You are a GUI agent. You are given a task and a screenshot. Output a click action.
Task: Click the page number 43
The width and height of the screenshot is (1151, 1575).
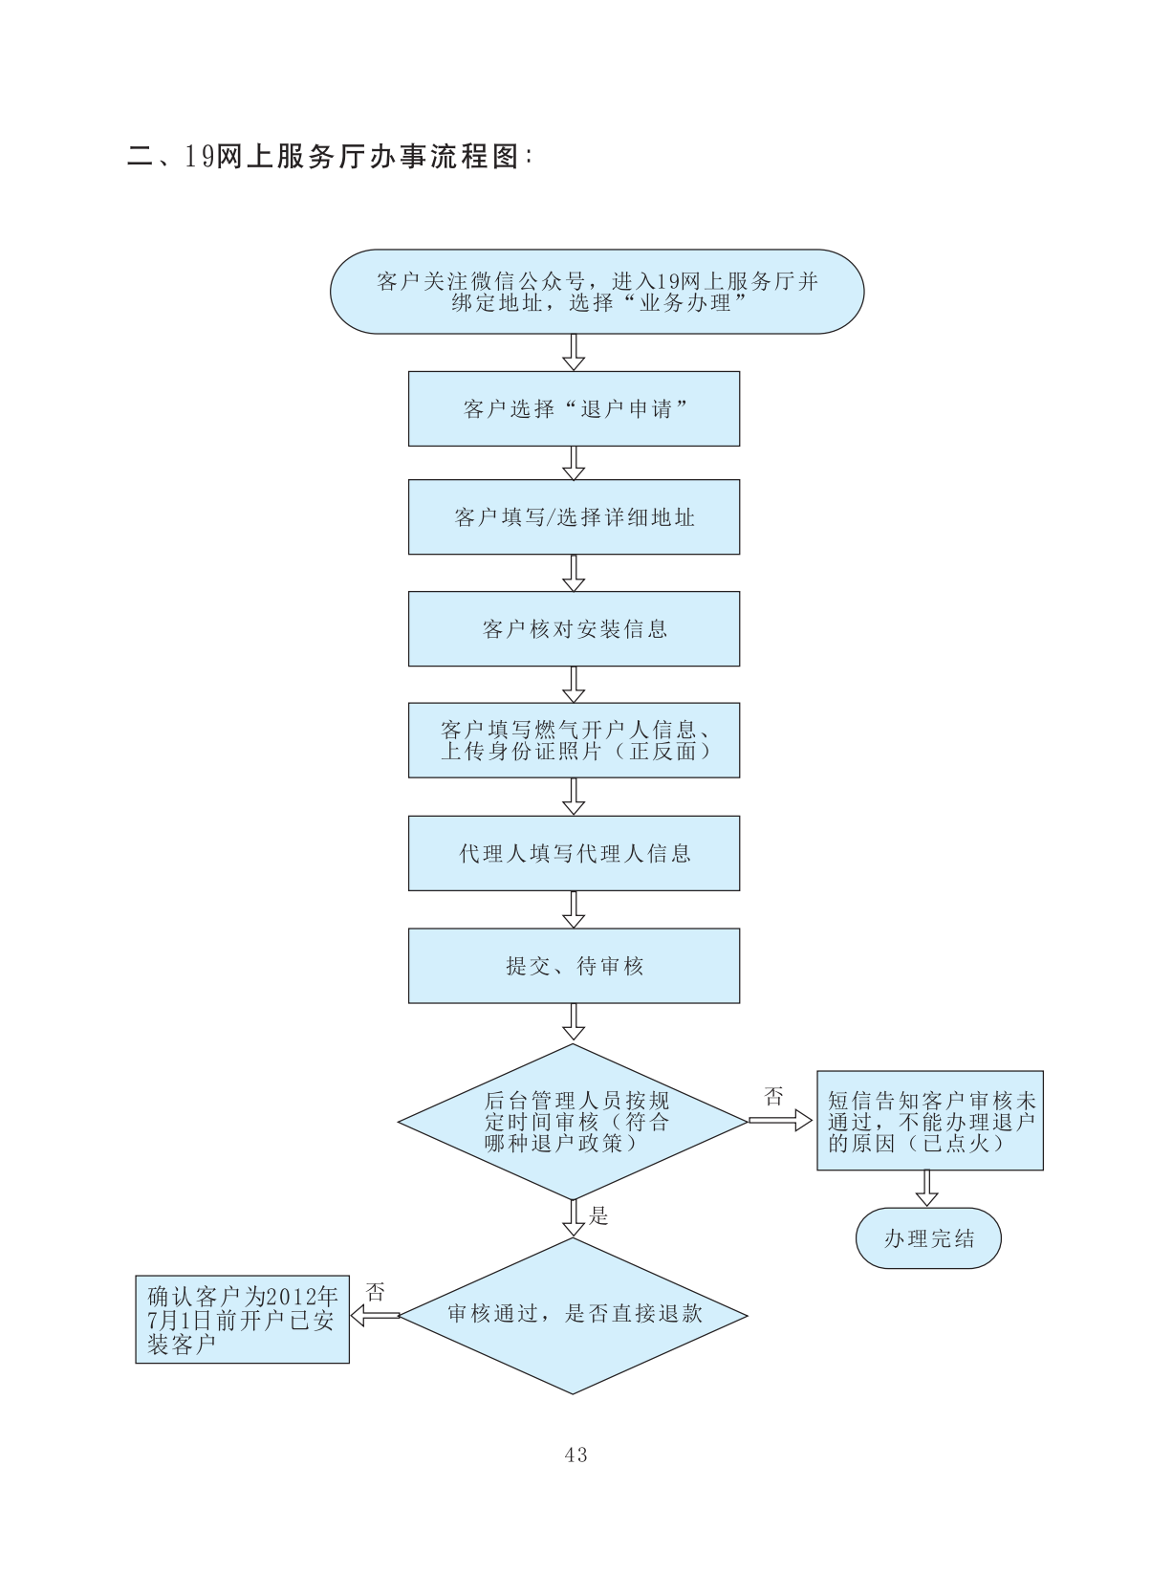(x=575, y=1455)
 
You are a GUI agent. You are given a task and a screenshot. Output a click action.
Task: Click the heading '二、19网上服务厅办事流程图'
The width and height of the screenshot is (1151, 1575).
(x=330, y=156)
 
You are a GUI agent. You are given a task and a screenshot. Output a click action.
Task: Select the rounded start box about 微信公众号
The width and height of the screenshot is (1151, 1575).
(x=597, y=292)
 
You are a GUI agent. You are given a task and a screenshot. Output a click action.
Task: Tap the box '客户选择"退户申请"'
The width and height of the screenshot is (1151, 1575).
(x=574, y=408)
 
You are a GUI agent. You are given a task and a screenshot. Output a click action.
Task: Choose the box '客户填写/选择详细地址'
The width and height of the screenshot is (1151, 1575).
(x=574, y=517)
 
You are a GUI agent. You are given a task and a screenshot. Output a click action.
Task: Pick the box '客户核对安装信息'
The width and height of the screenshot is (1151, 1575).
(x=574, y=628)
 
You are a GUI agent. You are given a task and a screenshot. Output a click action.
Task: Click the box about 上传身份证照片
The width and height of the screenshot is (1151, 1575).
(x=574, y=740)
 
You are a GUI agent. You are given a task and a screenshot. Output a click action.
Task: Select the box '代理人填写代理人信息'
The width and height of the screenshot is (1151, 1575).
(x=574, y=853)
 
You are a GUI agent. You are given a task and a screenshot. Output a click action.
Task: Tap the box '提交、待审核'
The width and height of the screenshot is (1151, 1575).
(x=574, y=966)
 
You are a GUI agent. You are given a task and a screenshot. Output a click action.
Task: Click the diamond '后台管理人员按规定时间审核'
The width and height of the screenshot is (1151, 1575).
(x=574, y=1122)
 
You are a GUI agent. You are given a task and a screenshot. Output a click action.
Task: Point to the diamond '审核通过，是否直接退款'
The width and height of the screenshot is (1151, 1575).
(x=574, y=1315)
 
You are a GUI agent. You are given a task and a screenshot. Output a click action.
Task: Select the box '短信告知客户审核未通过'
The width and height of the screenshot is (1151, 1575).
(x=929, y=1121)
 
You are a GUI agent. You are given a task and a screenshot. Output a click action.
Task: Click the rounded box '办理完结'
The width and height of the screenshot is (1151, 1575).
(x=928, y=1238)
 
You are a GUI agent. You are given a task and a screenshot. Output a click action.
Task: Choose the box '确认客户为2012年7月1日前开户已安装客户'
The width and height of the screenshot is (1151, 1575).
(x=242, y=1320)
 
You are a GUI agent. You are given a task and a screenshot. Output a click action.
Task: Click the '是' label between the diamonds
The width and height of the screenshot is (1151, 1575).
(x=599, y=1215)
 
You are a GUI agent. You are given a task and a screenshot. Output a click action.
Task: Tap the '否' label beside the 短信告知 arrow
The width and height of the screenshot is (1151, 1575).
(x=773, y=1097)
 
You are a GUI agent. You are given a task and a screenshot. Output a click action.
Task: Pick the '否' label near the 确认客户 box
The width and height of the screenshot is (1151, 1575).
(x=375, y=1293)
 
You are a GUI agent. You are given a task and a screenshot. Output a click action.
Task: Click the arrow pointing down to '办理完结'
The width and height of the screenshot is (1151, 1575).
(x=926, y=1189)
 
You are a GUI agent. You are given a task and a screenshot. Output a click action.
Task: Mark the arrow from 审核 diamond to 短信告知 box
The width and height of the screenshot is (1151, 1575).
(x=780, y=1121)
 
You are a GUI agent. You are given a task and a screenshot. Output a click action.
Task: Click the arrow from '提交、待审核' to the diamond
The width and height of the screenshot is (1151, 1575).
(x=574, y=1021)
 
